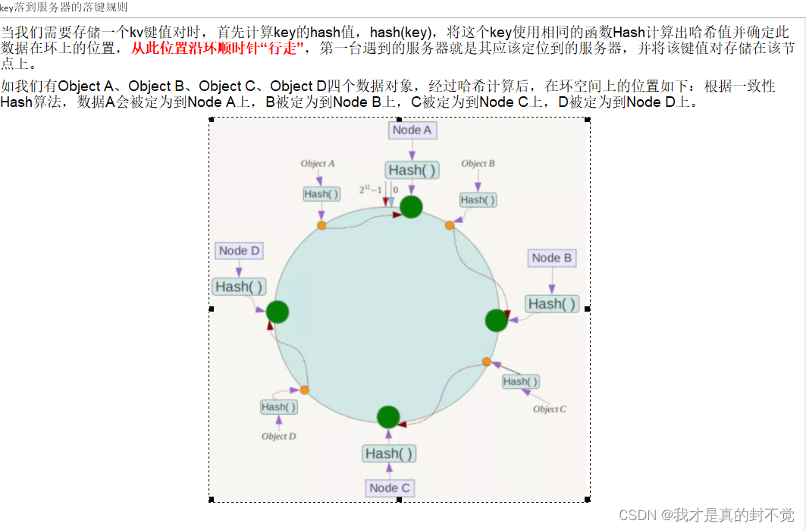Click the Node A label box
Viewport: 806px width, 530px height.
click(412, 130)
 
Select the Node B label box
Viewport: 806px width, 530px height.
click(551, 258)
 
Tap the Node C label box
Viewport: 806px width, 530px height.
click(390, 488)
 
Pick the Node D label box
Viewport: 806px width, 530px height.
click(239, 251)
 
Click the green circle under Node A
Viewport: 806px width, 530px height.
click(411, 206)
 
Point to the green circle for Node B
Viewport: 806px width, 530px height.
click(497, 320)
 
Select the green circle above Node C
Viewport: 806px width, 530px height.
click(388, 416)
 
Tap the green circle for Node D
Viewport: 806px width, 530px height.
click(278, 312)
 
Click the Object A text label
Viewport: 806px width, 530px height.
click(318, 163)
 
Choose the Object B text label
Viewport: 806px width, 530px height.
click(478, 163)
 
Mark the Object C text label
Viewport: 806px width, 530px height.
click(550, 409)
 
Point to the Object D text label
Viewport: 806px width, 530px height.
click(278, 436)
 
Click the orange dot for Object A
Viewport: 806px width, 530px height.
click(321, 225)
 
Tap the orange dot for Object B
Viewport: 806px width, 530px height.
click(450, 225)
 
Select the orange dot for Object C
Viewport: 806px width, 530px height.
click(487, 362)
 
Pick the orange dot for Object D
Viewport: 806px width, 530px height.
click(304, 390)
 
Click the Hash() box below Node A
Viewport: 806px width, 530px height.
click(412, 170)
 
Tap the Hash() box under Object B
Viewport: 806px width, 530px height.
click(478, 199)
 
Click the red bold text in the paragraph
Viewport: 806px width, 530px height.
click(217, 48)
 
